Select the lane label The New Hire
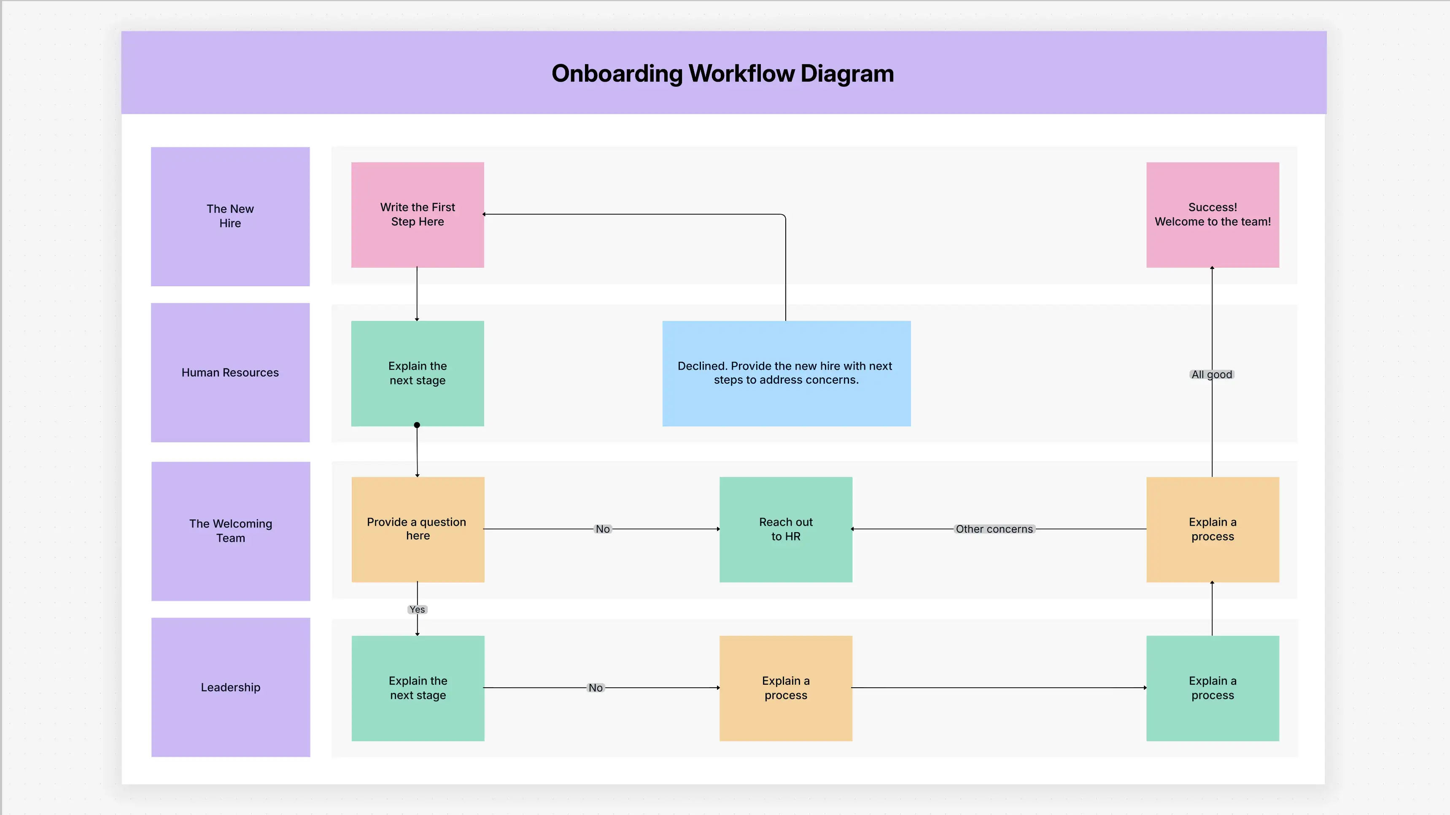tap(230, 216)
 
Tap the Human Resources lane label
tap(230, 373)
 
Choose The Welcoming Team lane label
tap(230, 531)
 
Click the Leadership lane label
tap(230, 687)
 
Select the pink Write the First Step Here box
tap(417, 215)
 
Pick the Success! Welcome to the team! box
tap(1213, 215)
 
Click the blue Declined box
tap(786, 373)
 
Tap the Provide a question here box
tap(417, 529)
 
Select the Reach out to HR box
tap(785, 529)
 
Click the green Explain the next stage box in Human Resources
tap(417, 373)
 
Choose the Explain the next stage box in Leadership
tap(417, 688)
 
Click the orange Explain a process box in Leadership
tap(785, 688)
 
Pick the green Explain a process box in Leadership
tap(1213, 688)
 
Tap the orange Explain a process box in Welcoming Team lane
tap(1213, 529)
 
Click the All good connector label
tap(1211, 374)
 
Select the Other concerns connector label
tap(994, 529)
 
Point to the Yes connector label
tap(417, 610)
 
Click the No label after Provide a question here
tap(602, 529)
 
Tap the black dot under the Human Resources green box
tap(417, 425)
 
